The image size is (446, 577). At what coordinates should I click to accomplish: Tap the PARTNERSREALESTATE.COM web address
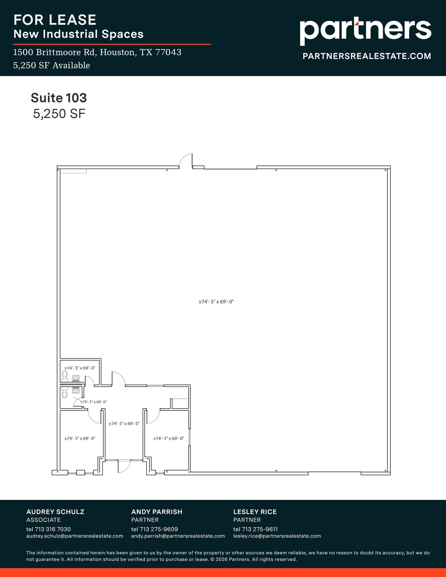[x=367, y=56]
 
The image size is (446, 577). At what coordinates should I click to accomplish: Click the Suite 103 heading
[x=59, y=98]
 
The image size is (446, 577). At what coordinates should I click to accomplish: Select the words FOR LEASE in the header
[x=55, y=20]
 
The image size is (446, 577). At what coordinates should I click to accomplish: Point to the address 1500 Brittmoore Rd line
[x=97, y=52]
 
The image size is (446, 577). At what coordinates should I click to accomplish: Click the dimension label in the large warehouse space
[x=216, y=302]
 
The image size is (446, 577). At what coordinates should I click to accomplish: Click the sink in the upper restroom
[x=76, y=378]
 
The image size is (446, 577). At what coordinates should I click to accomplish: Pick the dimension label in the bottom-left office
[x=80, y=438]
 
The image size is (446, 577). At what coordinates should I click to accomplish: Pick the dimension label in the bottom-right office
[x=168, y=438]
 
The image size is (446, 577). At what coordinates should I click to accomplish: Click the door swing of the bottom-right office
[x=154, y=417]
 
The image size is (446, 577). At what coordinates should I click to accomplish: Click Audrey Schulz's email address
[x=75, y=536]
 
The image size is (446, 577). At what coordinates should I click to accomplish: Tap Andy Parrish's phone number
[x=154, y=529]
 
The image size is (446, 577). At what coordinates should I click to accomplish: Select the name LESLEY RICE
[x=255, y=512]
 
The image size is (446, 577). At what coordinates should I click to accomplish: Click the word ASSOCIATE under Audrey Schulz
[x=43, y=520]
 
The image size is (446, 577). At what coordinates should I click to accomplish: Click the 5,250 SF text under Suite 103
[x=59, y=114]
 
